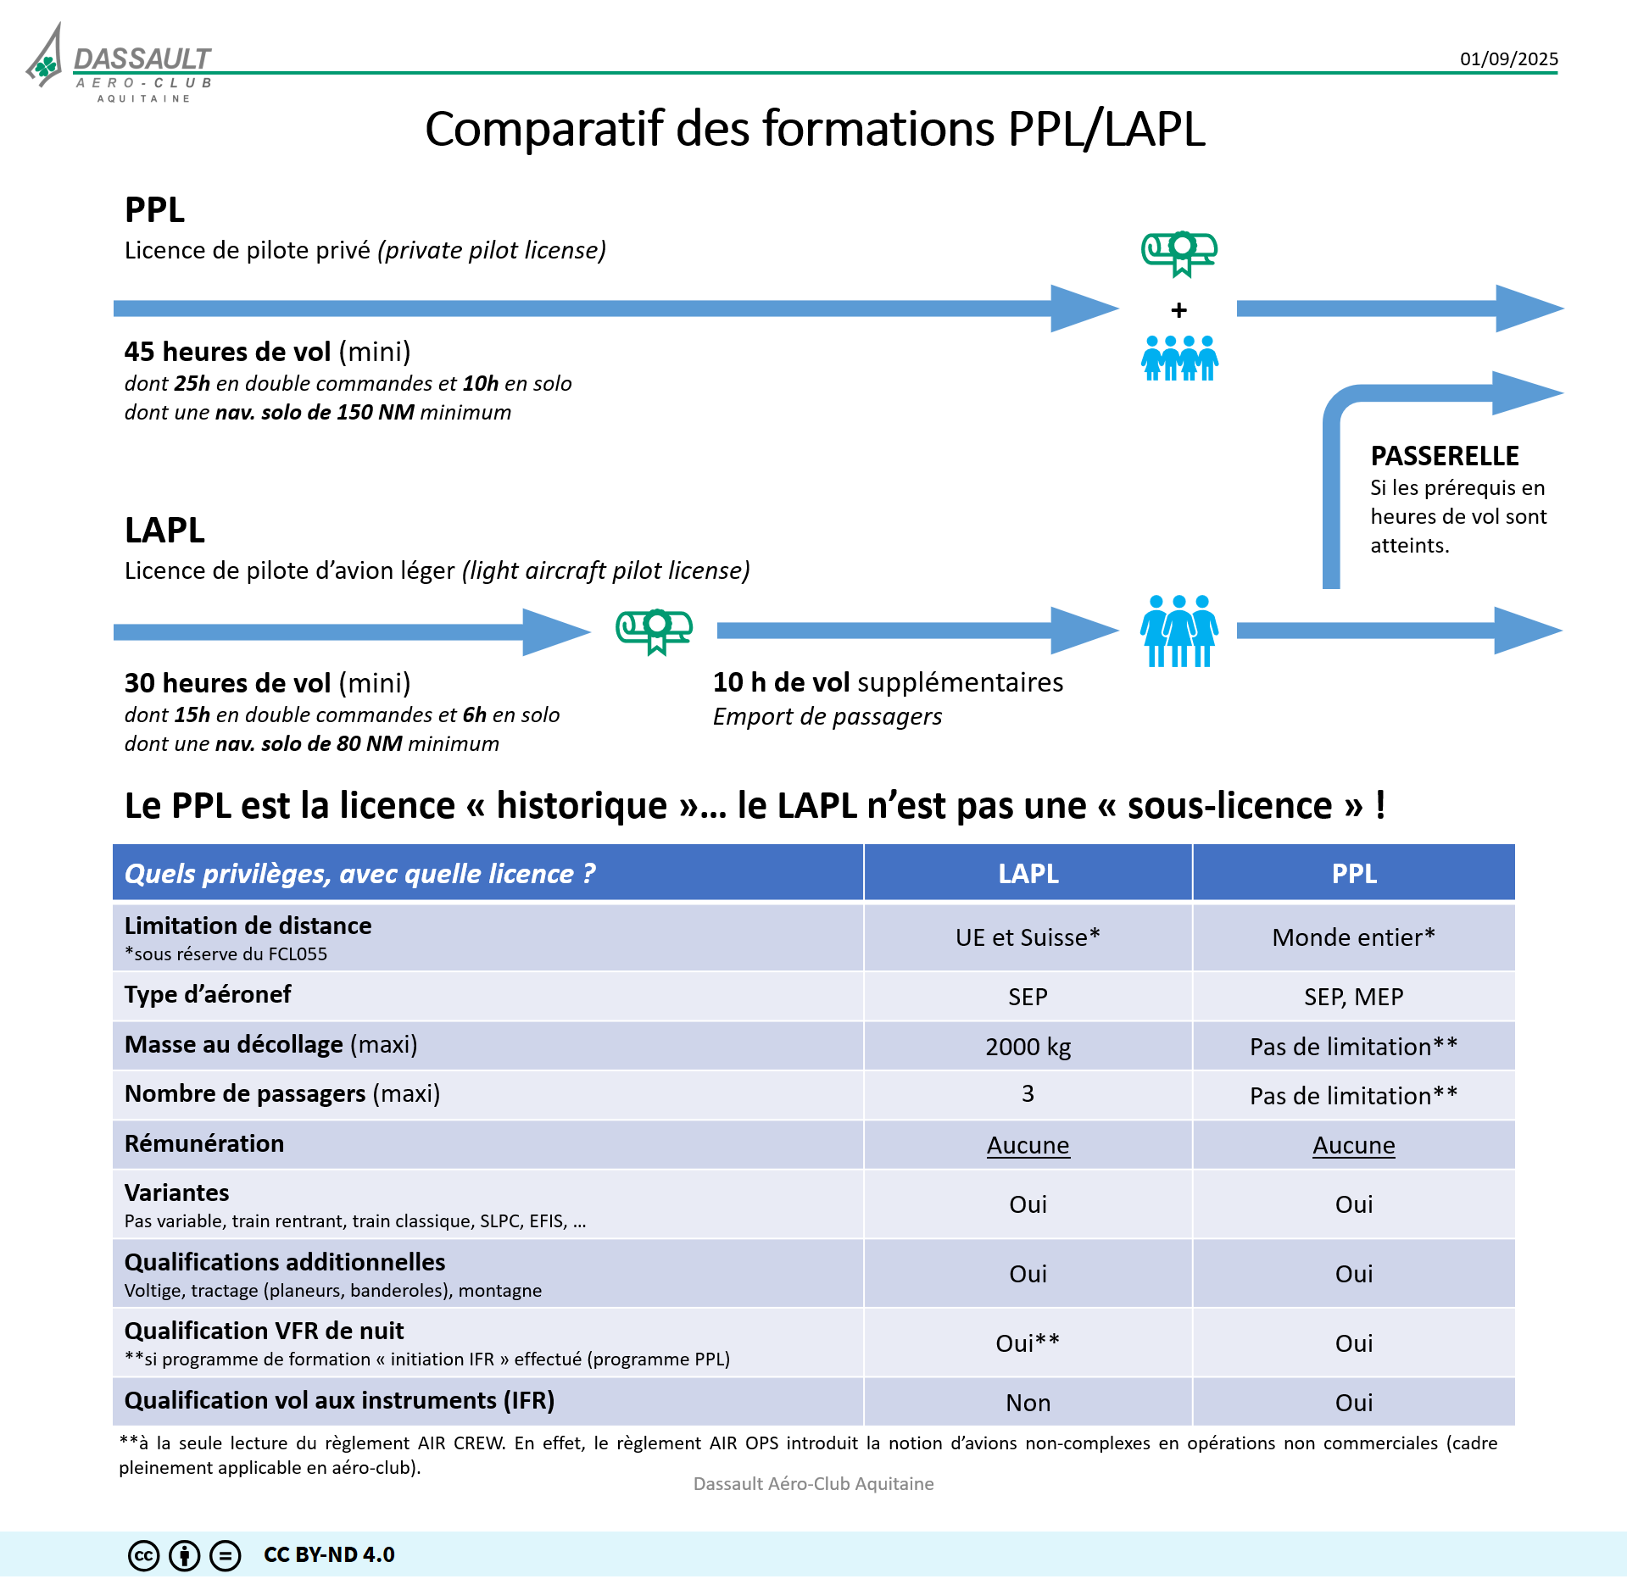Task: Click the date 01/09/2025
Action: click(x=1508, y=58)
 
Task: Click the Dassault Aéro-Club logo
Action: click(x=119, y=64)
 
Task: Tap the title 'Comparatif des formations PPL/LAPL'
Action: click(x=814, y=129)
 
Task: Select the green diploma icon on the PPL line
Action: click(x=1178, y=253)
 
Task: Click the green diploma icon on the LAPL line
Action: click(x=654, y=631)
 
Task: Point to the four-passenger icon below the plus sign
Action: click(x=1179, y=358)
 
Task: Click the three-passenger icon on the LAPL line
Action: click(x=1179, y=631)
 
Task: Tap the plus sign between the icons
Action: click(x=1178, y=310)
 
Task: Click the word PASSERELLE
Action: click(x=1445, y=456)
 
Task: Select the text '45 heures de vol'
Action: click(x=227, y=351)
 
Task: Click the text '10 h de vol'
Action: click(x=781, y=682)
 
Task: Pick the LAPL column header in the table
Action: click(x=1028, y=873)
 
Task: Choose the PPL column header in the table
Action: click(x=1354, y=873)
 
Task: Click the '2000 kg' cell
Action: click(x=1028, y=1047)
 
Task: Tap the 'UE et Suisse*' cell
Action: click(x=1028, y=937)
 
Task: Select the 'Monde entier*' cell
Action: click(x=1354, y=937)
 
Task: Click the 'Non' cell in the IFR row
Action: click(x=1028, y=1403)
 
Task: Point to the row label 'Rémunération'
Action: click(x=204, y=1143)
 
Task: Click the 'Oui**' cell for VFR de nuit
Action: click(x=1028, y=1343)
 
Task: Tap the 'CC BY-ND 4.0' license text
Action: click(x=329, y=1554)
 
